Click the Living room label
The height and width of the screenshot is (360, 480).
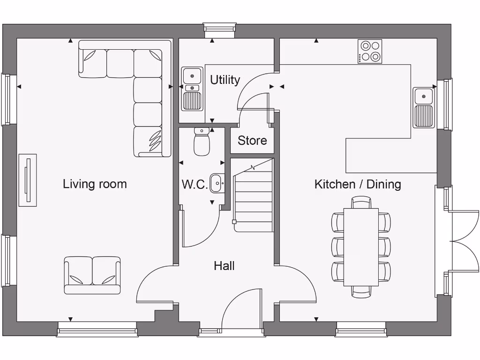pyautogui.click(x=95, y=184)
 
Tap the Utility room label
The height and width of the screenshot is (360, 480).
pyautogui.click(x=225, y=80)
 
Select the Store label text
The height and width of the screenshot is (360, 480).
pyautogui.click(x=252, y=140)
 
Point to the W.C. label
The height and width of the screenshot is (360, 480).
pyautogui.click(x=195, y=184)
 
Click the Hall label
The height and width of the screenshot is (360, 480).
pyautogui.click(x=224, y=266)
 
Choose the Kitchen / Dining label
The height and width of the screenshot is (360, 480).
pyautogui.click(x=358, y=184)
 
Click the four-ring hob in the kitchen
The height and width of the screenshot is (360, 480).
pyautogui.click(x=370, y=51)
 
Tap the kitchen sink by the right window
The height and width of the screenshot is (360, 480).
pyautogui.click(x=424, y=107)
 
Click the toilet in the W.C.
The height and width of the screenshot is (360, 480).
pyautogui.click(x=202, y=142)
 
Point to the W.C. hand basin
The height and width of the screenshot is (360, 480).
pyautogui.click(x=217, y=183)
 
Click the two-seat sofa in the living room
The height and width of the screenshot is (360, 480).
pyautogui.click(x=92, y=275)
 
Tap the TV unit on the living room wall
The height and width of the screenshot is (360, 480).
pyautogui.click(x=27, y=180)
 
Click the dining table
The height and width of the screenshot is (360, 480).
pyautogui.click(x=361, y=247)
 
